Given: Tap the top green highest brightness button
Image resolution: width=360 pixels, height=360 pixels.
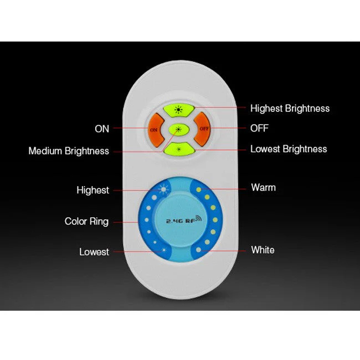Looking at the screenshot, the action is pyautogui.click(x=179, y=110).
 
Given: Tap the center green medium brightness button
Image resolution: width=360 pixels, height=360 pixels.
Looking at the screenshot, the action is pyautogui.click(x=179, y=130).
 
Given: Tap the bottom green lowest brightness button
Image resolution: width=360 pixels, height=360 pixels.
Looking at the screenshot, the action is pyautogui.click(x=179, y=149).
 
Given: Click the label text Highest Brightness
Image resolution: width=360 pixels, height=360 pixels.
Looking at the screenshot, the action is pyautogui.click(x=290, y=109).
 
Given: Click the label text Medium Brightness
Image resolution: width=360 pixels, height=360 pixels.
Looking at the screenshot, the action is pyautogui.click(x=69, y=151).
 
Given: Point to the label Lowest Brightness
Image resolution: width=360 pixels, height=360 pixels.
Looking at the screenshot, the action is pyautogui.click(x=289, y=149).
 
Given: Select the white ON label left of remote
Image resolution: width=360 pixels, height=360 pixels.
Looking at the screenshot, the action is pyautogui.click(x=102, y=129).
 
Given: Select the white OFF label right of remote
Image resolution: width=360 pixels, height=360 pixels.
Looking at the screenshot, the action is pyautogui.click(x=259, y=128).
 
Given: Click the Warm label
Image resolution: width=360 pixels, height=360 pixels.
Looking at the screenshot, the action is pyautogui.click(x=263, y=188).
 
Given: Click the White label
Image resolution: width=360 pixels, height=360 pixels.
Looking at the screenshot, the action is pyautogui.click(x=263, y=250).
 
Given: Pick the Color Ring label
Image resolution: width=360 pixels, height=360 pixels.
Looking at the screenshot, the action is pyautogui.click(x=86, y=222).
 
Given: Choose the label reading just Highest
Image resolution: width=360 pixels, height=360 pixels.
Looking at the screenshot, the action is pyautogui.click(x=92, y=191).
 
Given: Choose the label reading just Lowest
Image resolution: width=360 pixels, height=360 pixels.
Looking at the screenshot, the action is pyautogui.click(x=94, y=252).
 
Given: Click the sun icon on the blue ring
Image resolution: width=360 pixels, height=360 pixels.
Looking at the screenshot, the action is pyautogui.click(x=163, y=189).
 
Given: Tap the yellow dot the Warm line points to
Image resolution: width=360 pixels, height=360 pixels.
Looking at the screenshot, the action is pyautogui.click(x=199, y=189).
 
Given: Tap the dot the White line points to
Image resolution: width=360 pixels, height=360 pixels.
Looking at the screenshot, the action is pyautogui.click(x=199, y=250).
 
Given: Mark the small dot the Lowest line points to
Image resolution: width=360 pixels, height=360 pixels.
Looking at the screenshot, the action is pyautogui.click(x=164, y=250).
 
